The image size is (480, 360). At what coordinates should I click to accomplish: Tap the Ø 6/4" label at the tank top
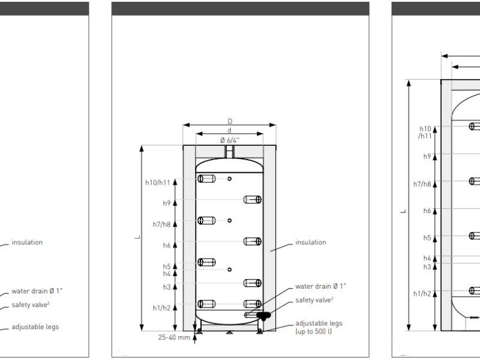click(x=229, y=140)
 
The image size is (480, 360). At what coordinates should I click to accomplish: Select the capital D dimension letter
click(x=230, y=121)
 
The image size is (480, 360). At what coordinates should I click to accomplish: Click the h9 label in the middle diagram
click(x=167, y=203)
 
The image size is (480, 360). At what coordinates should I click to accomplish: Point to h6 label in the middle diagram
click(x=167, y=245)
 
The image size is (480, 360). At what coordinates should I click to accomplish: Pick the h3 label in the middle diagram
click(x=167, y=287)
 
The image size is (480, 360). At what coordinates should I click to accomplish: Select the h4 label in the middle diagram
click(x=167, y=274)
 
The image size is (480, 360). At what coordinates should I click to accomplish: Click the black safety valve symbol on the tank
click(x=262, y=314)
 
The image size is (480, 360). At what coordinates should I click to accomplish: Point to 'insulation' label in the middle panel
click(x=311, y=242)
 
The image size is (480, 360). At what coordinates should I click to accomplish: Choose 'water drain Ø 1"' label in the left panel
click(x=37, y=291)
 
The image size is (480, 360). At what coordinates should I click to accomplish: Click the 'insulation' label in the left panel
click(x=27, y=242)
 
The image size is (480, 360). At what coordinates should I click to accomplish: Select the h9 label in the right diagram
click(x=427, y=156)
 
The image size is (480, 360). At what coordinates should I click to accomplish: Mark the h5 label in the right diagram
click(x=427, y=238)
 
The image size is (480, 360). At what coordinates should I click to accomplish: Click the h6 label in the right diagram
click(x=427, y=211)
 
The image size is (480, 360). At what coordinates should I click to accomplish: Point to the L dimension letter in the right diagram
click(x=404, y=211)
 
